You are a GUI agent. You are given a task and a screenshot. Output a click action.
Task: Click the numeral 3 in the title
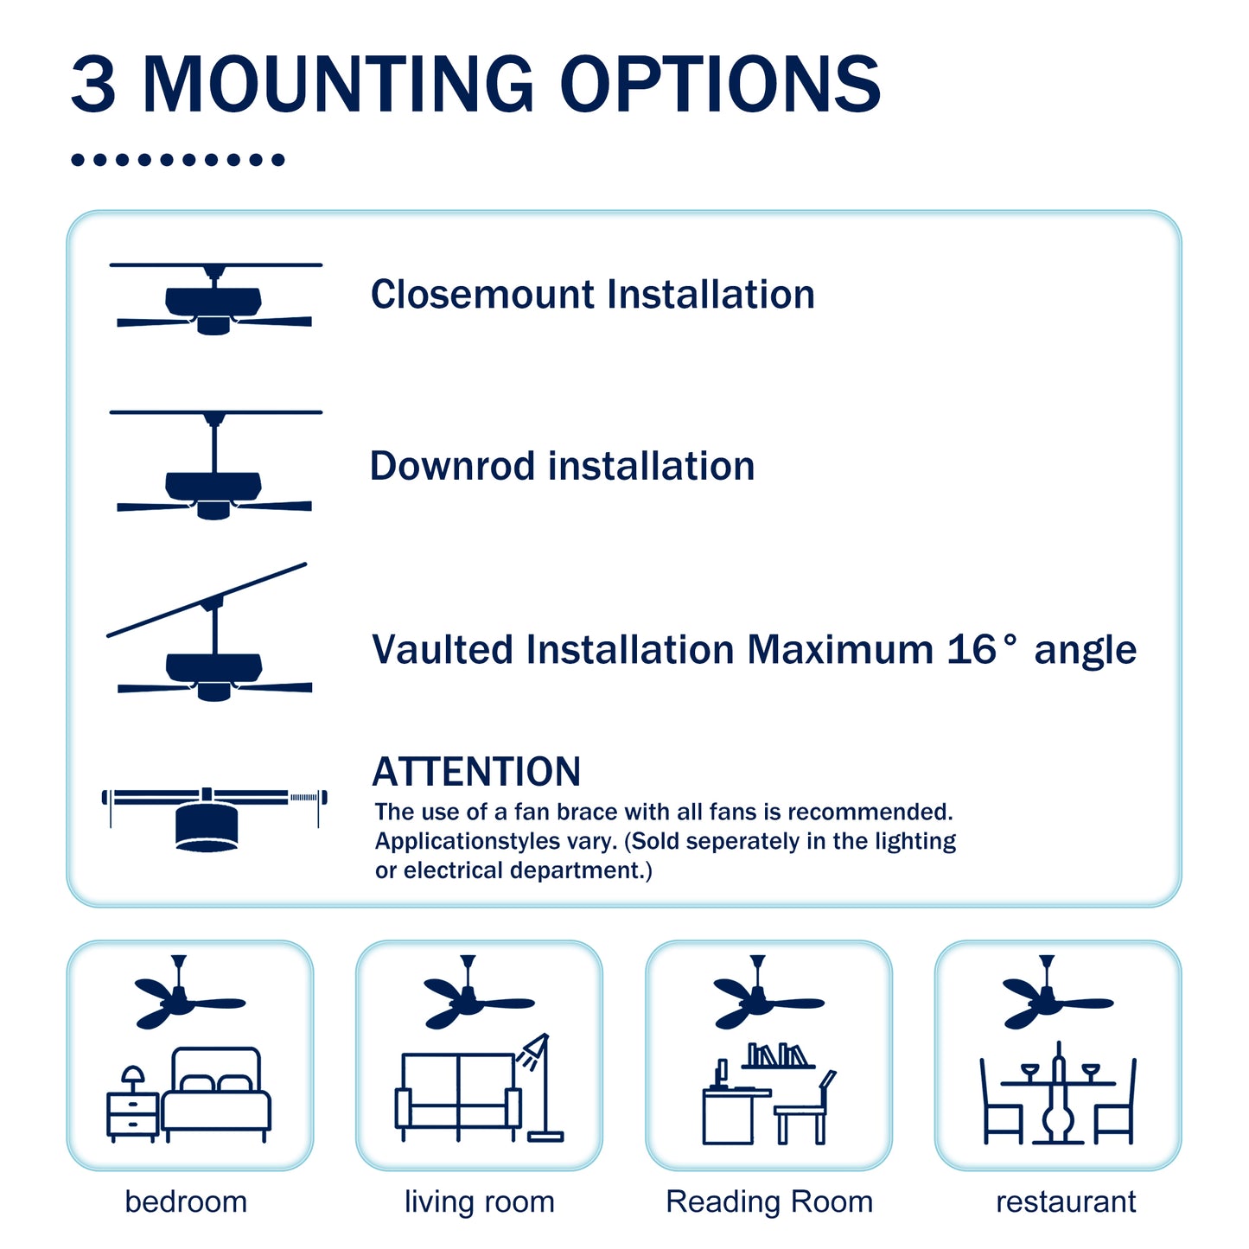pos(93,85)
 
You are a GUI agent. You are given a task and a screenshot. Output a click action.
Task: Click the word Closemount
pos(483,295)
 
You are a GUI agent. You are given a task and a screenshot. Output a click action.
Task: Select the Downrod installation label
pos(562,467)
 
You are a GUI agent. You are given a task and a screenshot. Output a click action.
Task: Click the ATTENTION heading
pos(476,772)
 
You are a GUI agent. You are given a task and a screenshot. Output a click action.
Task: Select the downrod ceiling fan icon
pos(214,467)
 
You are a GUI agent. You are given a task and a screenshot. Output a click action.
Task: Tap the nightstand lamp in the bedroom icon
pos(132,1078)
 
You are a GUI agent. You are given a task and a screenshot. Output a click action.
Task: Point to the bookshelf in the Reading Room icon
pos(777,1055)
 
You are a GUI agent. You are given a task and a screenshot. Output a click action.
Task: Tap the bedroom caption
pos(186,1201)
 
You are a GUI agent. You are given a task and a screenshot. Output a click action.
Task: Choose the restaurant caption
pos(1065,1201)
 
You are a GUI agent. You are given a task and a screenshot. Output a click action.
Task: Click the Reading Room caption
pos(768,1201)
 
